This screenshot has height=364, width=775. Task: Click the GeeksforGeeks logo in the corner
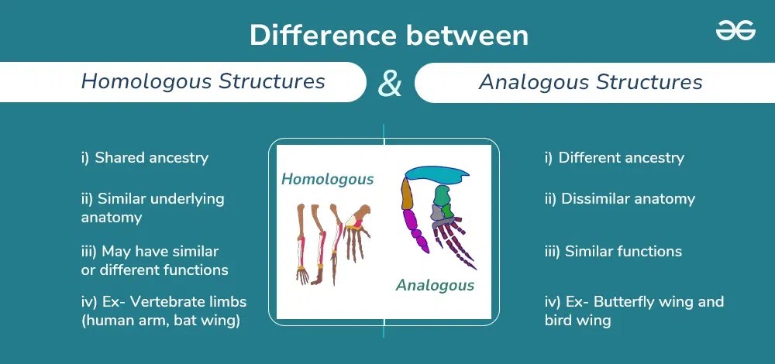735,30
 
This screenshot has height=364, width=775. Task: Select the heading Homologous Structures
203,81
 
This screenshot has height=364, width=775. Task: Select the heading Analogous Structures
591,82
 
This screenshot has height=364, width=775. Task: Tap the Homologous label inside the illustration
327,180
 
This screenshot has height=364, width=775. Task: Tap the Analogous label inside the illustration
435,285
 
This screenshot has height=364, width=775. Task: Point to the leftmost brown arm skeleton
302,240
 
